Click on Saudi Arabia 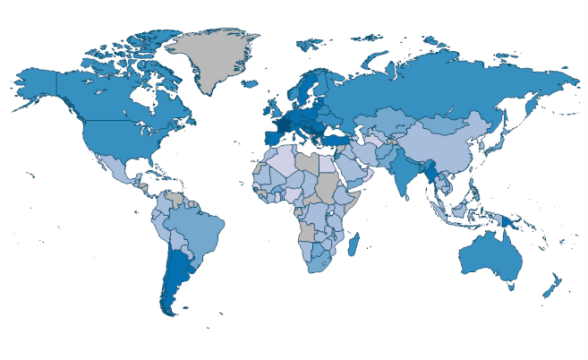point(362,167)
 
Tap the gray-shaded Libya point(308,161)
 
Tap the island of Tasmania point(510,287)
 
